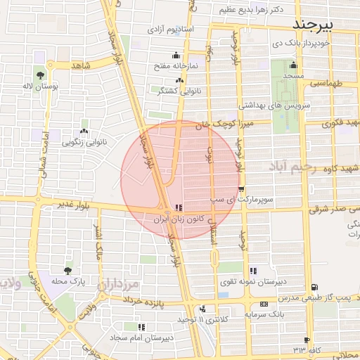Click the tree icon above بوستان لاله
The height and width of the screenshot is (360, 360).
click(x=40, y=74)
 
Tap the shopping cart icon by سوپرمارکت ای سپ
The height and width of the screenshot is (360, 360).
click(x=241, y=189)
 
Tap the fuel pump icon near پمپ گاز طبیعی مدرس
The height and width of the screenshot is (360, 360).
click(x=314, y=287)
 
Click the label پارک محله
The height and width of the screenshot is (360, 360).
click(x=67, y=282)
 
